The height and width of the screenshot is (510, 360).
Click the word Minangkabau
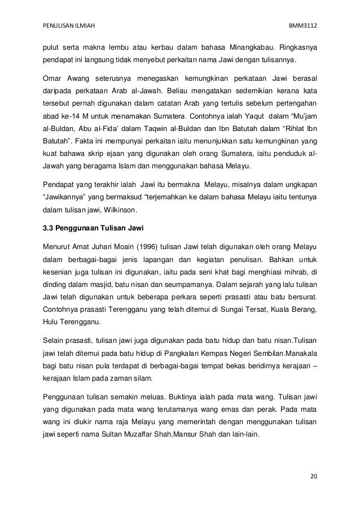244,46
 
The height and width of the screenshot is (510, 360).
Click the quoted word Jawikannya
67,197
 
